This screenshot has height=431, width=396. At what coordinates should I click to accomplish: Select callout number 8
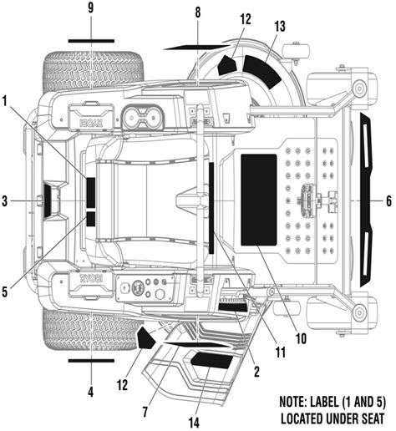point(197,12)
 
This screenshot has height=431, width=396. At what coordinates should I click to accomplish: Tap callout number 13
point(278,28)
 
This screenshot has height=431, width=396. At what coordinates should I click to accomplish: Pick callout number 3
point(7,201)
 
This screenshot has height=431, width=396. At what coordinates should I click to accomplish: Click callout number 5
point(7,292)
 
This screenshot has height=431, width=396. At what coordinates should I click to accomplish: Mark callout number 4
point(90,390)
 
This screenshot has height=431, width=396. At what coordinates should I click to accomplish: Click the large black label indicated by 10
point(258,200)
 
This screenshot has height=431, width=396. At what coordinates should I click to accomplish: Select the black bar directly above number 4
point(90,362)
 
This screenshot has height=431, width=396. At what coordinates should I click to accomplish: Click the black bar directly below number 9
point(90,39)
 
